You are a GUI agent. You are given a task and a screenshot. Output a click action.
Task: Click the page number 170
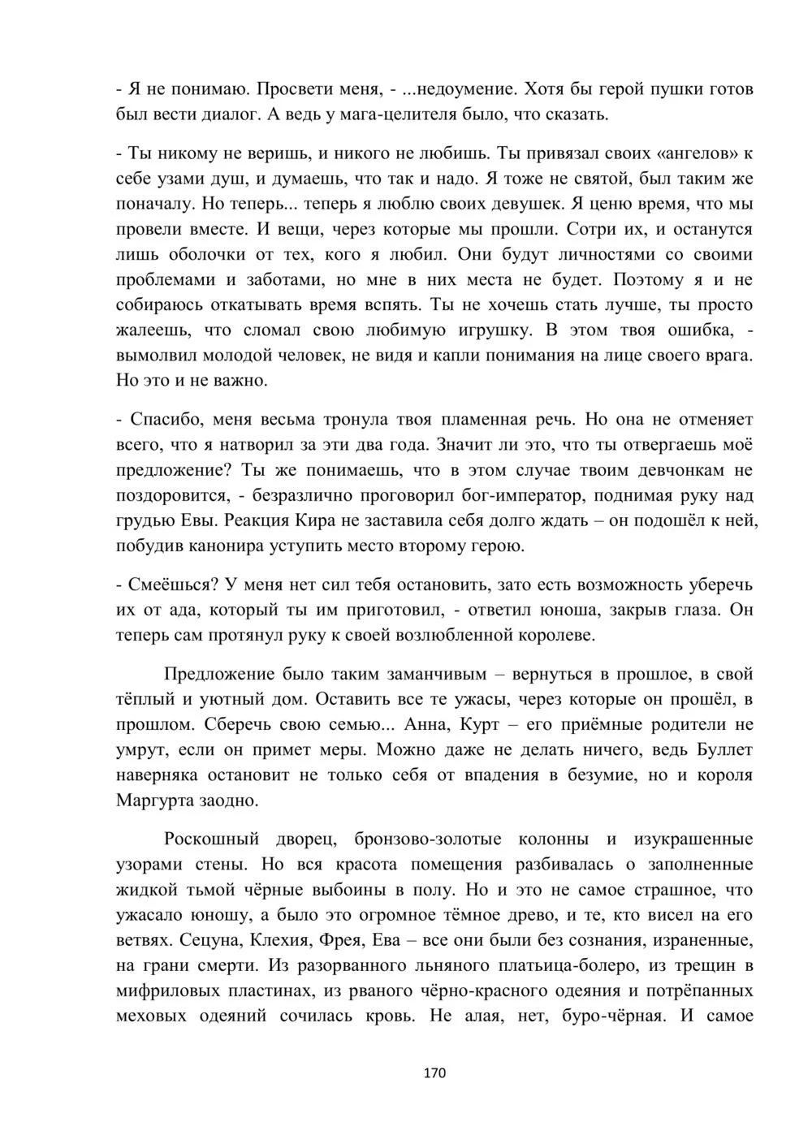point(435,1073)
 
